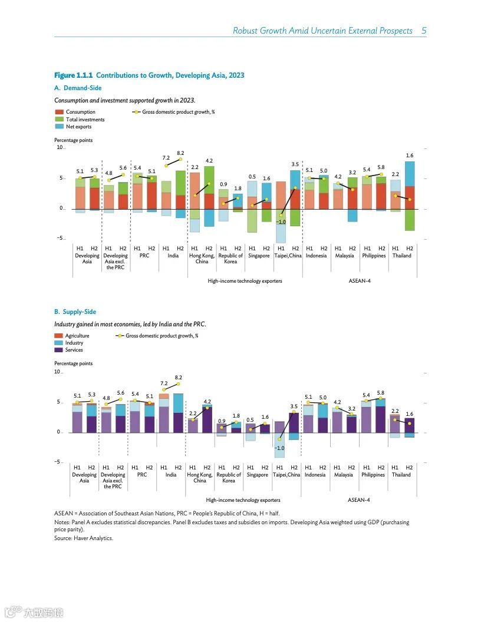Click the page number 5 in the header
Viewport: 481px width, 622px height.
[x=424, y=31]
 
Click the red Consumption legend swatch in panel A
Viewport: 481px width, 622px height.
[x=59, y=112]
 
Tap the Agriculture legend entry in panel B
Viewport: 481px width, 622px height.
[x=77, y=336]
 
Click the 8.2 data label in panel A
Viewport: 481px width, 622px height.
[x=180, y=153]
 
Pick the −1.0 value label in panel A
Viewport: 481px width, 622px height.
[x=281, y=222]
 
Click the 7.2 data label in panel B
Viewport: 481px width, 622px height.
[x=164, y=383]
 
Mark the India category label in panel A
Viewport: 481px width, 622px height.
[x=173, y=256]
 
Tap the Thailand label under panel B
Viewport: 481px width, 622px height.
[x=401, y=475]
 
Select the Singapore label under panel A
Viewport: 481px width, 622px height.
[x=259, y=256]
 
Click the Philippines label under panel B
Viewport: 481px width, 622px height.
[x=373, y=475]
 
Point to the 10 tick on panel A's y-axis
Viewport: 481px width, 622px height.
[x=60, y=147]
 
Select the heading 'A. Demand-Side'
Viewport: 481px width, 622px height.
[x=78, y=88]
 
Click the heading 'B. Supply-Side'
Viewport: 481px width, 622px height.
[x=75, y=312]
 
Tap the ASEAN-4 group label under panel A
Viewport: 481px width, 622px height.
[x=360, y=281]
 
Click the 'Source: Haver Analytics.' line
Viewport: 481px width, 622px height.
[x=83, y=538]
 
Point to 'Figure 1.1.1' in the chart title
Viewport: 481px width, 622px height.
[x=73, y=75]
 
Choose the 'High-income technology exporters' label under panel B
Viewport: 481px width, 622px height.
[x=243, y=500]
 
